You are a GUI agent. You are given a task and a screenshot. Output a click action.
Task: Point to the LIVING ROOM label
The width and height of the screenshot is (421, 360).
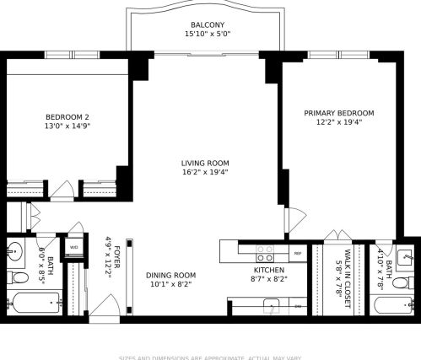point(205,163)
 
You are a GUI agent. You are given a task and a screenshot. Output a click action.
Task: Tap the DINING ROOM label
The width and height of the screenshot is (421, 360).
point(170,275)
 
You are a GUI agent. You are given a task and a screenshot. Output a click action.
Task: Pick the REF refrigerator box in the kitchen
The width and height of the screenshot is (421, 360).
point(297,252)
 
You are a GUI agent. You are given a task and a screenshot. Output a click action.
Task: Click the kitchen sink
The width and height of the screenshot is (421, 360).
point(271,304)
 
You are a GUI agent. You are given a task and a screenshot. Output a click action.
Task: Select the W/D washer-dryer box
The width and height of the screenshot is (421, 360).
point(74,247)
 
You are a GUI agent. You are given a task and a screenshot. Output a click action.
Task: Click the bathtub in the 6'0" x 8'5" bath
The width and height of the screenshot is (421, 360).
point(34,303)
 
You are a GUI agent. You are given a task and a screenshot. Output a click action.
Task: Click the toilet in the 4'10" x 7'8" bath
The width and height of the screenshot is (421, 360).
point(404,277)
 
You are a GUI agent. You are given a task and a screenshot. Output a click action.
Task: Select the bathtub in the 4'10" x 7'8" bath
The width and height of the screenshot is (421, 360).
point(393,304)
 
